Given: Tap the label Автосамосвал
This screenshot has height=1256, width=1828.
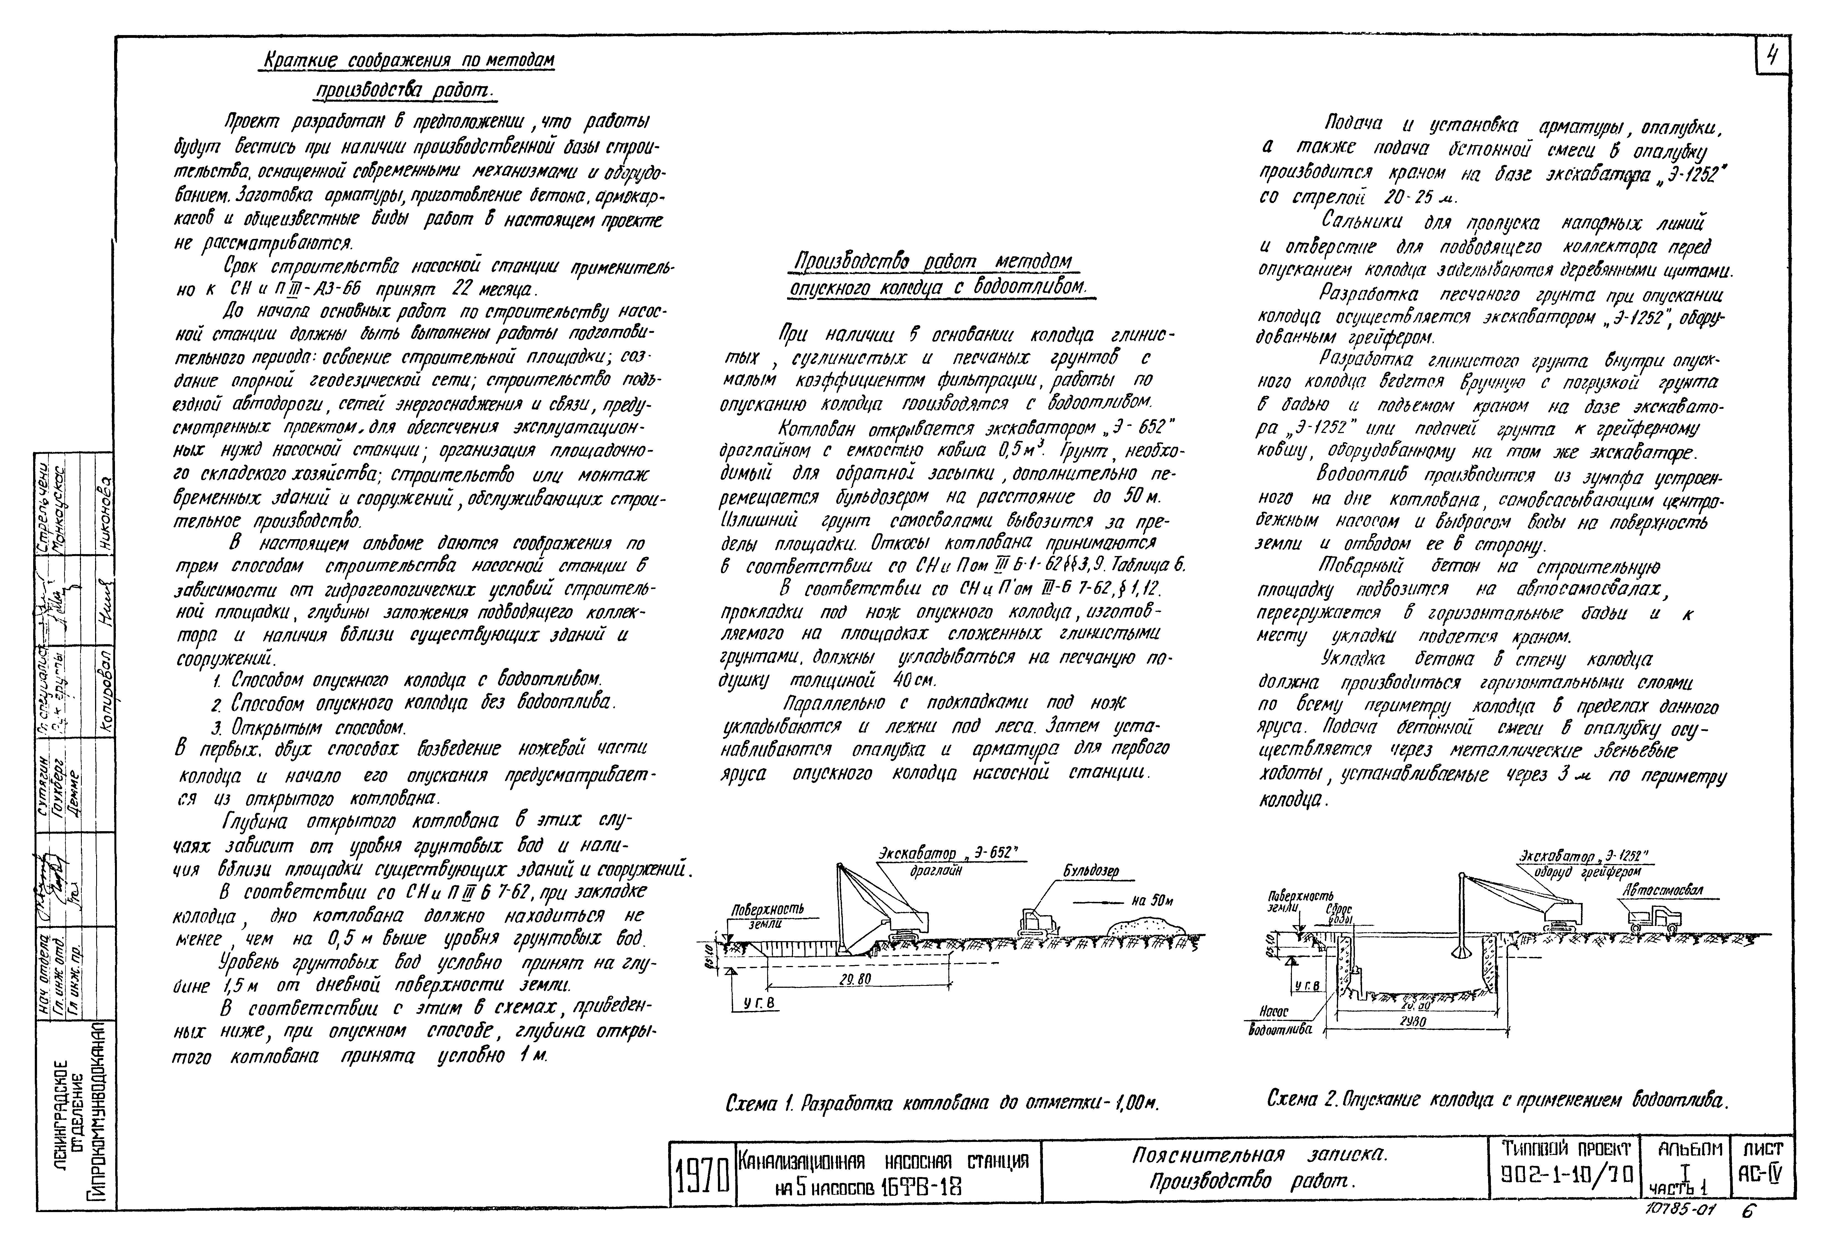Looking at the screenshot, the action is (1663, 890).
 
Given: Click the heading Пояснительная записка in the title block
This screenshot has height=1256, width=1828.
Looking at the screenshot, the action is (1260, 1155).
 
